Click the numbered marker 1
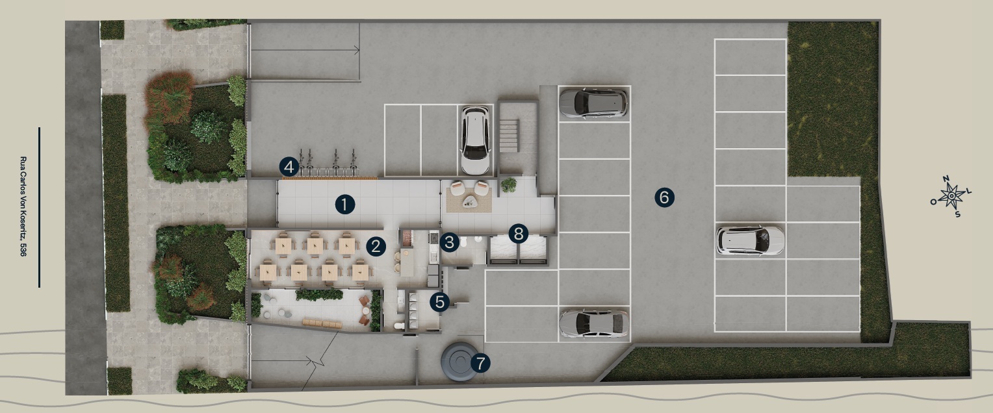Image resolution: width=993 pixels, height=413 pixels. point(344,205)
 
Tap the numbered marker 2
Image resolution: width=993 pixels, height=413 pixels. point(376,245)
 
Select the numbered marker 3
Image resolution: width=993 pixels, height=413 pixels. point(449,243)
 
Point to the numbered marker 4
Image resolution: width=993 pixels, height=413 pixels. point(289,167)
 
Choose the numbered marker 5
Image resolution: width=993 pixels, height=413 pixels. point(441,302)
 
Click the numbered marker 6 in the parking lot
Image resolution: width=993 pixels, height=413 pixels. point(664,197)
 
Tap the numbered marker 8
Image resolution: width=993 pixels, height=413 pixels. point(518,232)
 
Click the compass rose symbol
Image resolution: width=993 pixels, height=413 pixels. point(951,195)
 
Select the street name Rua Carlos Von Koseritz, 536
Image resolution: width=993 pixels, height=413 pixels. point(23,206)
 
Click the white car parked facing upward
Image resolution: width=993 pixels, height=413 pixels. point(474,140)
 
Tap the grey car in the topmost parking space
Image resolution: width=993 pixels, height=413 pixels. point(593,102)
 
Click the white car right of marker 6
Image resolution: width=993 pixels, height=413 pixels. point(751,240)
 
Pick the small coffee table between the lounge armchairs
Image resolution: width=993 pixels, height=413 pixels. point(469,203)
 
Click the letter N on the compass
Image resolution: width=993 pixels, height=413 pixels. point(946,180)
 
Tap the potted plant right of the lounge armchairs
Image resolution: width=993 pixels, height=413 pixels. point(509,185)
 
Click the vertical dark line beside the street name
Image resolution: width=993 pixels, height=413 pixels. point(39,206)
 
